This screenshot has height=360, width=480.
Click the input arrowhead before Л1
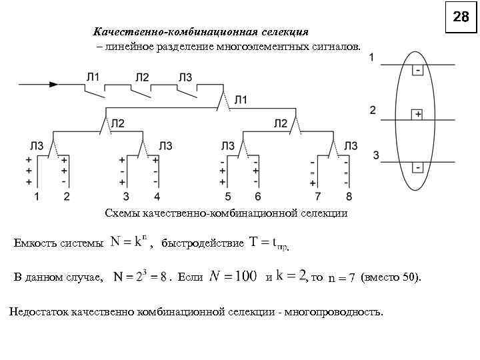[x=53, y=85]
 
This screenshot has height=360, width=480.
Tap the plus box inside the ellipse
[x=417, y=114]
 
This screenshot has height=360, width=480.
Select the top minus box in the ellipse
[x=417, y=70]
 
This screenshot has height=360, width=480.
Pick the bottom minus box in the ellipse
[x=417, y=167]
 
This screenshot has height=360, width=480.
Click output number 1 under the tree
[x=37, y=196]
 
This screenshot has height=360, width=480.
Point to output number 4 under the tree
[x=157, y=196]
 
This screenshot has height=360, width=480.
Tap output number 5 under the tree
[x=228, y=196]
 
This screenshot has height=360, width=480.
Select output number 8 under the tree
[x=348, y=196]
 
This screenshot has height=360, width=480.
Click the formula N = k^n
[x=129, y=242]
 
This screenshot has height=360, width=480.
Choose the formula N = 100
[x=233, y=276]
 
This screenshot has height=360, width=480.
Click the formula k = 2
[x=291, y=275]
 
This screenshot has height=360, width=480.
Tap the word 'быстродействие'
[x=203, y=243]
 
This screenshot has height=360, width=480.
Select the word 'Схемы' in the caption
[x=120, y=213]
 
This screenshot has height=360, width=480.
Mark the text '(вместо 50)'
[x=391, y=277]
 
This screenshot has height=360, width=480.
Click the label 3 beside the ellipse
[x=376, y=155]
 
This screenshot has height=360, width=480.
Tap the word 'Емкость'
[x=34, y=243]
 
